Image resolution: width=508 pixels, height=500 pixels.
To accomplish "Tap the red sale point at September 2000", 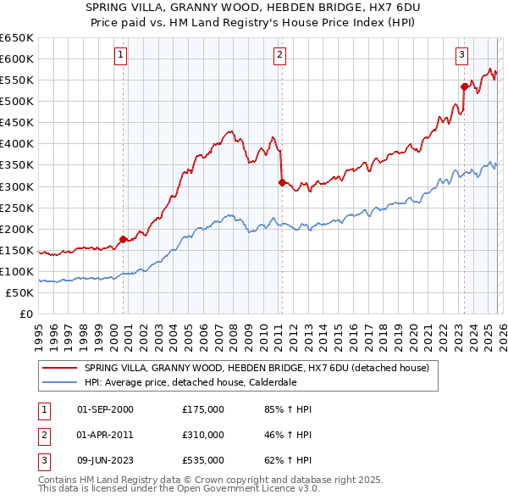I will pos(123,239).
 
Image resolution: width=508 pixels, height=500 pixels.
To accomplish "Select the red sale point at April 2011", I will pos(281,181).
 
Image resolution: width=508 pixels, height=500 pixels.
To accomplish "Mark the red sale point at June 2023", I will pos(464,86).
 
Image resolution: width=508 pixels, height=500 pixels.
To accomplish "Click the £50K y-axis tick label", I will pos(19,292).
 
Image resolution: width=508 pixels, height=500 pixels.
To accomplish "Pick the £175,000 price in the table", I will pos(203,409).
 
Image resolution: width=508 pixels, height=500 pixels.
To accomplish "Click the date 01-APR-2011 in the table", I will pos(105,435).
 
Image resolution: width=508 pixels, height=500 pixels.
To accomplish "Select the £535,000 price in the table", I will pos(203,460).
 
